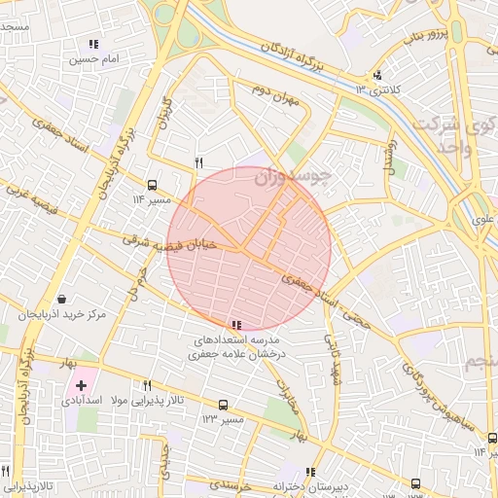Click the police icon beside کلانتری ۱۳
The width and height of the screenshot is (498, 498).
pos(378,75)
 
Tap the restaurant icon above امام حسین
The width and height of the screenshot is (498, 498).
pos(93,44)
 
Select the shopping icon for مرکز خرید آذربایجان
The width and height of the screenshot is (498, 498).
pos(63,299)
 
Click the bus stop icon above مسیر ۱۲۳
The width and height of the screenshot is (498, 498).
pos(224,405)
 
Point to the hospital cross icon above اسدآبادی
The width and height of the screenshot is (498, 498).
pos(81,386)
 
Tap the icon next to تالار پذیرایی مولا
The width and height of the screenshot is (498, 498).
pos(148,385)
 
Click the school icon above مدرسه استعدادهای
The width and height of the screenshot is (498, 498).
pos(237,324)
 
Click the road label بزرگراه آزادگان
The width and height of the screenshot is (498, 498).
pos(293,55)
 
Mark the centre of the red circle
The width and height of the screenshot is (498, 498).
pos(249,249)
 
